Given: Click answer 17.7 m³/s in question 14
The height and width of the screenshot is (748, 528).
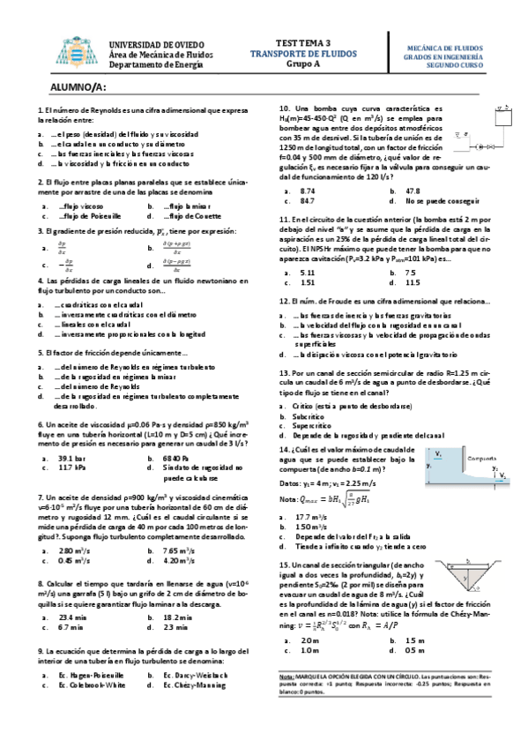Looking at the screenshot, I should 315,516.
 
